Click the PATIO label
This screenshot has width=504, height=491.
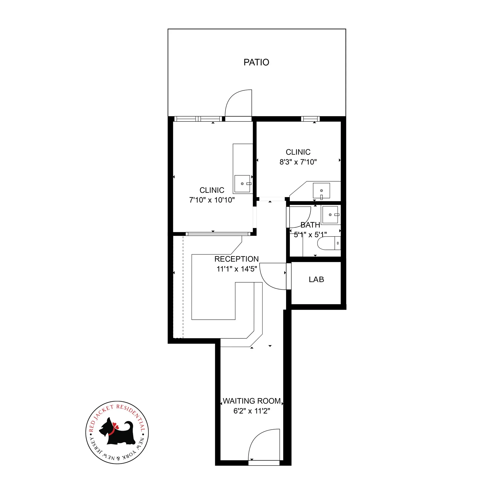256,62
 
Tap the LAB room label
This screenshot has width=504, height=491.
316,279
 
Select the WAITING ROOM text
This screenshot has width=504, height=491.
252,401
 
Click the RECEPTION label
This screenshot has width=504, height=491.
237,259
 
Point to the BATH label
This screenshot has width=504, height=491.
310,225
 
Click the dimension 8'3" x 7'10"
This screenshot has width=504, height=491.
298,162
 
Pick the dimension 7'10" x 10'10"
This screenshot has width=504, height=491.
212,200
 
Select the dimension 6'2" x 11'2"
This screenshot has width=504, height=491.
252,411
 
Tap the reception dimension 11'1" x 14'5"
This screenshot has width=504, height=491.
237,269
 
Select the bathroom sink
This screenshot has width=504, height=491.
330,215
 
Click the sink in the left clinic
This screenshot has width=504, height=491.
242,184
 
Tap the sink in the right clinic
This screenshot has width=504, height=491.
321,191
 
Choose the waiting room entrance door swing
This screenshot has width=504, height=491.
264,445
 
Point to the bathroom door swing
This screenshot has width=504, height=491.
300,217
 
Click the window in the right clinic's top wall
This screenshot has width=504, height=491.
310,119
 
